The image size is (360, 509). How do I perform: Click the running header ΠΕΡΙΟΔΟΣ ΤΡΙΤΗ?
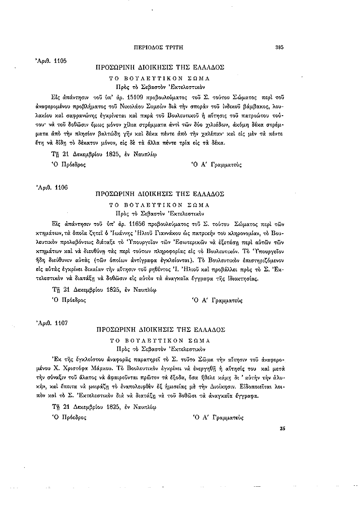pos(160,47)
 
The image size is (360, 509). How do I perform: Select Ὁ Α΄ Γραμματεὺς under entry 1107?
pos(217,417)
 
